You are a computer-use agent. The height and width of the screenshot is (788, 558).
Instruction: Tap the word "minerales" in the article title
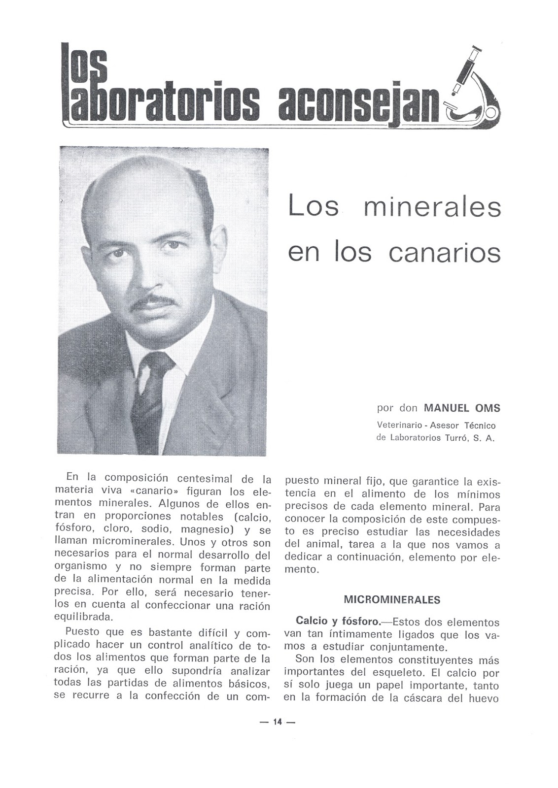[432, 207]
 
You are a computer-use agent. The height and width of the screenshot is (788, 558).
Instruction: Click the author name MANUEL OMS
[462, 408]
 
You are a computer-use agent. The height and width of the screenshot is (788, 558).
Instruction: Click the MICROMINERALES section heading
[392, 600]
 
